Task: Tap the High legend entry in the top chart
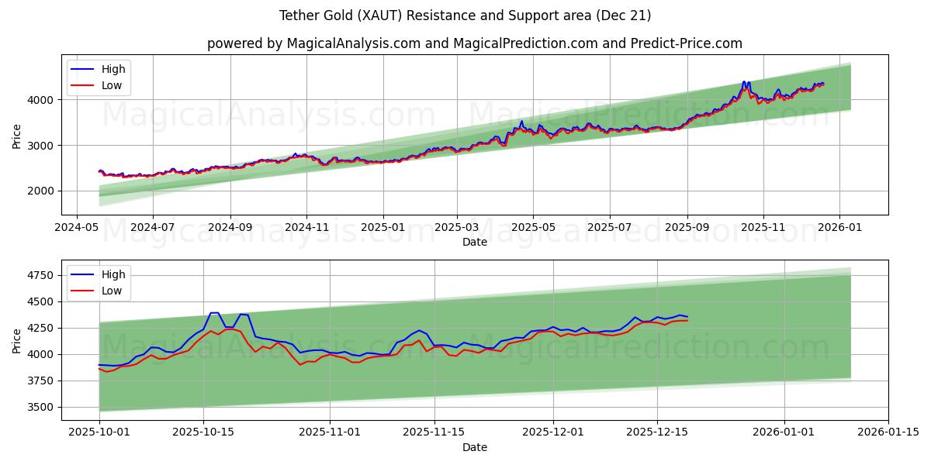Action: coord(113,69)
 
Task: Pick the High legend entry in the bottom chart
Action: coord(113,274)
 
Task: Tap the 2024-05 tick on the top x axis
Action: coord(76,229)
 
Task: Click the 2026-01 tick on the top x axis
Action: coord(840,229)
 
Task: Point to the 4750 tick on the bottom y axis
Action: coord(40,275)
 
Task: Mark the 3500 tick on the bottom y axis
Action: coord(40,407)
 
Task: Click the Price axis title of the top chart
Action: coord(17,135)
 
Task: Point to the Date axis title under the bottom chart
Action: coord(475,447)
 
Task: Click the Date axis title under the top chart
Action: coord(475,242)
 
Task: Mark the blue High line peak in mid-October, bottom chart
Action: coord(215,313)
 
